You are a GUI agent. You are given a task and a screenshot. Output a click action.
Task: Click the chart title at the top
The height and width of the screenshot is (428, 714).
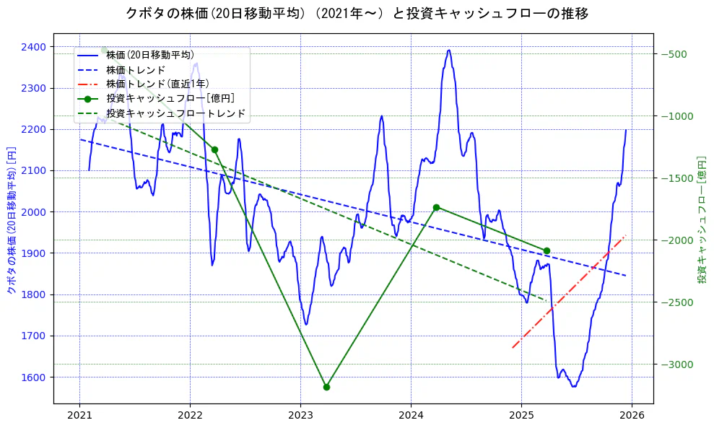(357, 13)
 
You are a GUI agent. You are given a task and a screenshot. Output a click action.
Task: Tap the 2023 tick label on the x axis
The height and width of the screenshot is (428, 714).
(300, 416)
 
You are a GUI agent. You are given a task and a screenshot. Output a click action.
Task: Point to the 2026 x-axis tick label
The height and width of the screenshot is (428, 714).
(632, 416)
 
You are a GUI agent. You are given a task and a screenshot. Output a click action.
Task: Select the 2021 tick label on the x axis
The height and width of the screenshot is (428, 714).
(79, 416)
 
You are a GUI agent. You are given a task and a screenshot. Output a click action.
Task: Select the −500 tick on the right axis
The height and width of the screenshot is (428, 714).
(675, 54)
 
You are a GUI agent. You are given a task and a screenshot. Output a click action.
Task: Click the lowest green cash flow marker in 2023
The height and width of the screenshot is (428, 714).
(326, 387)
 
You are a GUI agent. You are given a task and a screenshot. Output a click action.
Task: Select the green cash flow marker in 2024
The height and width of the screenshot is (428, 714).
(436, 207)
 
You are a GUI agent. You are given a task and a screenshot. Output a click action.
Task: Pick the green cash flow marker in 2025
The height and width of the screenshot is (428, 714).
(547, 250)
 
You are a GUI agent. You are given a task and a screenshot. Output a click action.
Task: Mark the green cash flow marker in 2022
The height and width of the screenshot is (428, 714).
(214, 149)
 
